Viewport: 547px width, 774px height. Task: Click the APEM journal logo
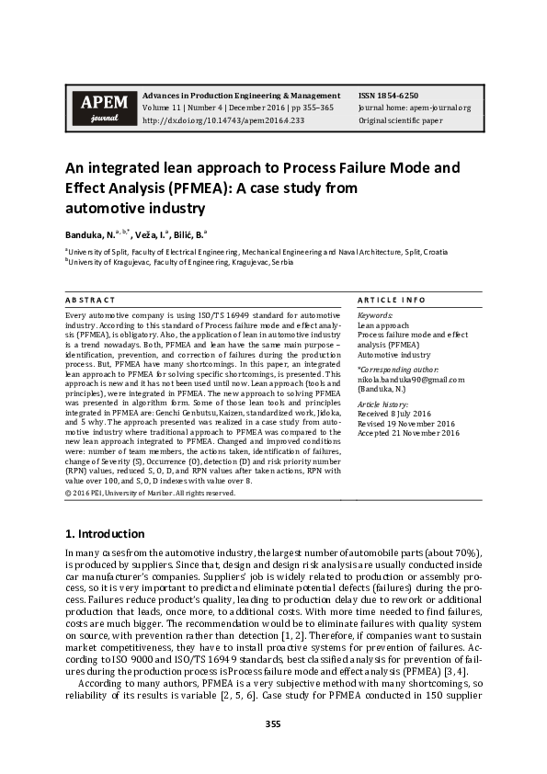99,108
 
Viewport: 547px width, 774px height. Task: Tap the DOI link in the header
222,120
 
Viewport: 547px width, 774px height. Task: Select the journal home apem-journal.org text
414,108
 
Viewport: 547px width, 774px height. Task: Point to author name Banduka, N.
96,234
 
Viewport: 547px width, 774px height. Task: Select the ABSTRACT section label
90,301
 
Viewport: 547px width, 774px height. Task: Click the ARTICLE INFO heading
391,301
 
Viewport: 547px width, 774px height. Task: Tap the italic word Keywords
376,316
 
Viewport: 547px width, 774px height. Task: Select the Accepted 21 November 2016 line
408,433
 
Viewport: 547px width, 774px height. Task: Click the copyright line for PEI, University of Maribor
150,493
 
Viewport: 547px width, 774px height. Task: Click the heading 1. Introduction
104,534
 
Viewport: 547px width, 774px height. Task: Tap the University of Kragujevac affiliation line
179,262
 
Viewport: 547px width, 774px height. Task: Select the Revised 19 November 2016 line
406,424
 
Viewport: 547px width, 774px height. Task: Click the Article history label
383,404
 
